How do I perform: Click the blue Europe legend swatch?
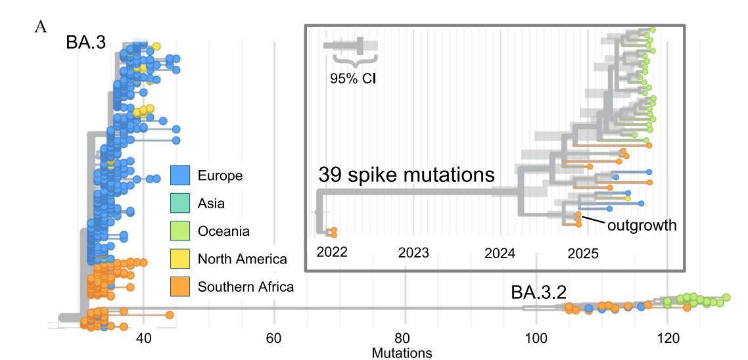[x=180, y=175]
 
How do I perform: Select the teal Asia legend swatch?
[x=180, y=203]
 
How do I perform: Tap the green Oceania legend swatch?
[x=180, y=231]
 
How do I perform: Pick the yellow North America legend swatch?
[x=180, y=258]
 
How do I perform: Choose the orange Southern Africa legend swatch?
[x=180, y=286]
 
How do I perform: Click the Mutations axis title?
[x=402, y=353]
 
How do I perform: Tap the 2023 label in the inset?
[x=413, y=253]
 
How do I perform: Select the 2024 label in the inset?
[x=499, y=253]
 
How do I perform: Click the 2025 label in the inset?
[x=583, y=253]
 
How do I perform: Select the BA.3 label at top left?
[x=85, y=43]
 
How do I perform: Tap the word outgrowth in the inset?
[x=642, y=225]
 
